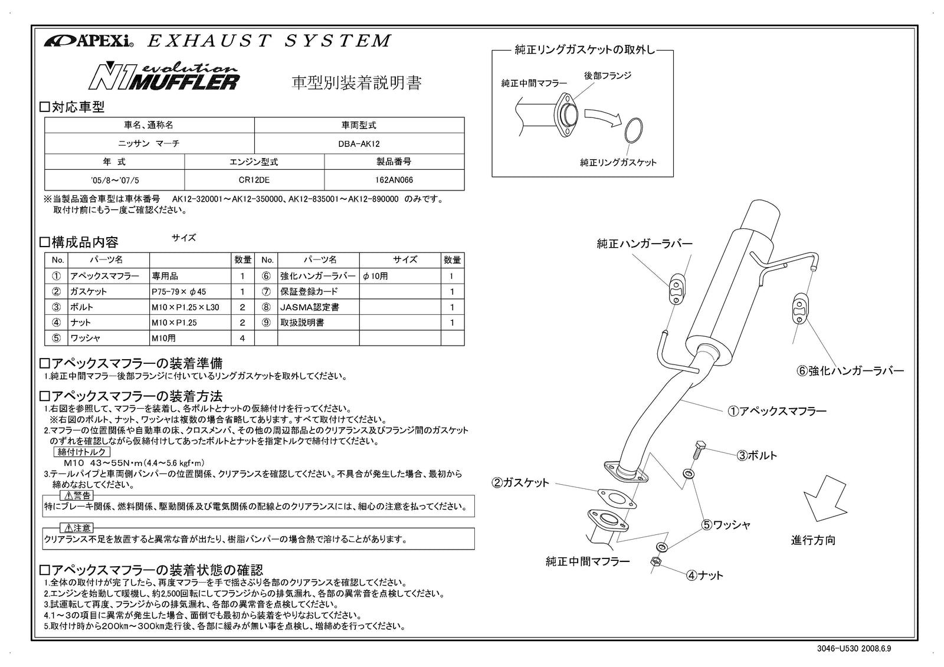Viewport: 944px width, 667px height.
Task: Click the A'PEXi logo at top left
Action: click(x=88, y=42)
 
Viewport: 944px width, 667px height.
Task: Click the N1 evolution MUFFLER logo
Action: click(x=163, y=76)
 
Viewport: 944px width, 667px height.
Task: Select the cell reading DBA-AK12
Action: click(x=359, y=144)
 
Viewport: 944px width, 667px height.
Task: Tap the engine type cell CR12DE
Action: click(x=254, y=180)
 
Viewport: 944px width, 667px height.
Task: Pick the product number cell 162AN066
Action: click(x=394, y=180)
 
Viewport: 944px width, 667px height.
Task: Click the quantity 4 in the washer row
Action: click(x=242, y=339)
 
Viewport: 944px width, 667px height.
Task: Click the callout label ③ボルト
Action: click(x=757, y=455)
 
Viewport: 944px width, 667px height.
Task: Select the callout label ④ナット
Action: click(x=704, y=575)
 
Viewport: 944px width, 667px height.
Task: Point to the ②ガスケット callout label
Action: click(x=520, y=483)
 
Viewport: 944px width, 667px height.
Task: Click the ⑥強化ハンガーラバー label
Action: click(x=850, y=371)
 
